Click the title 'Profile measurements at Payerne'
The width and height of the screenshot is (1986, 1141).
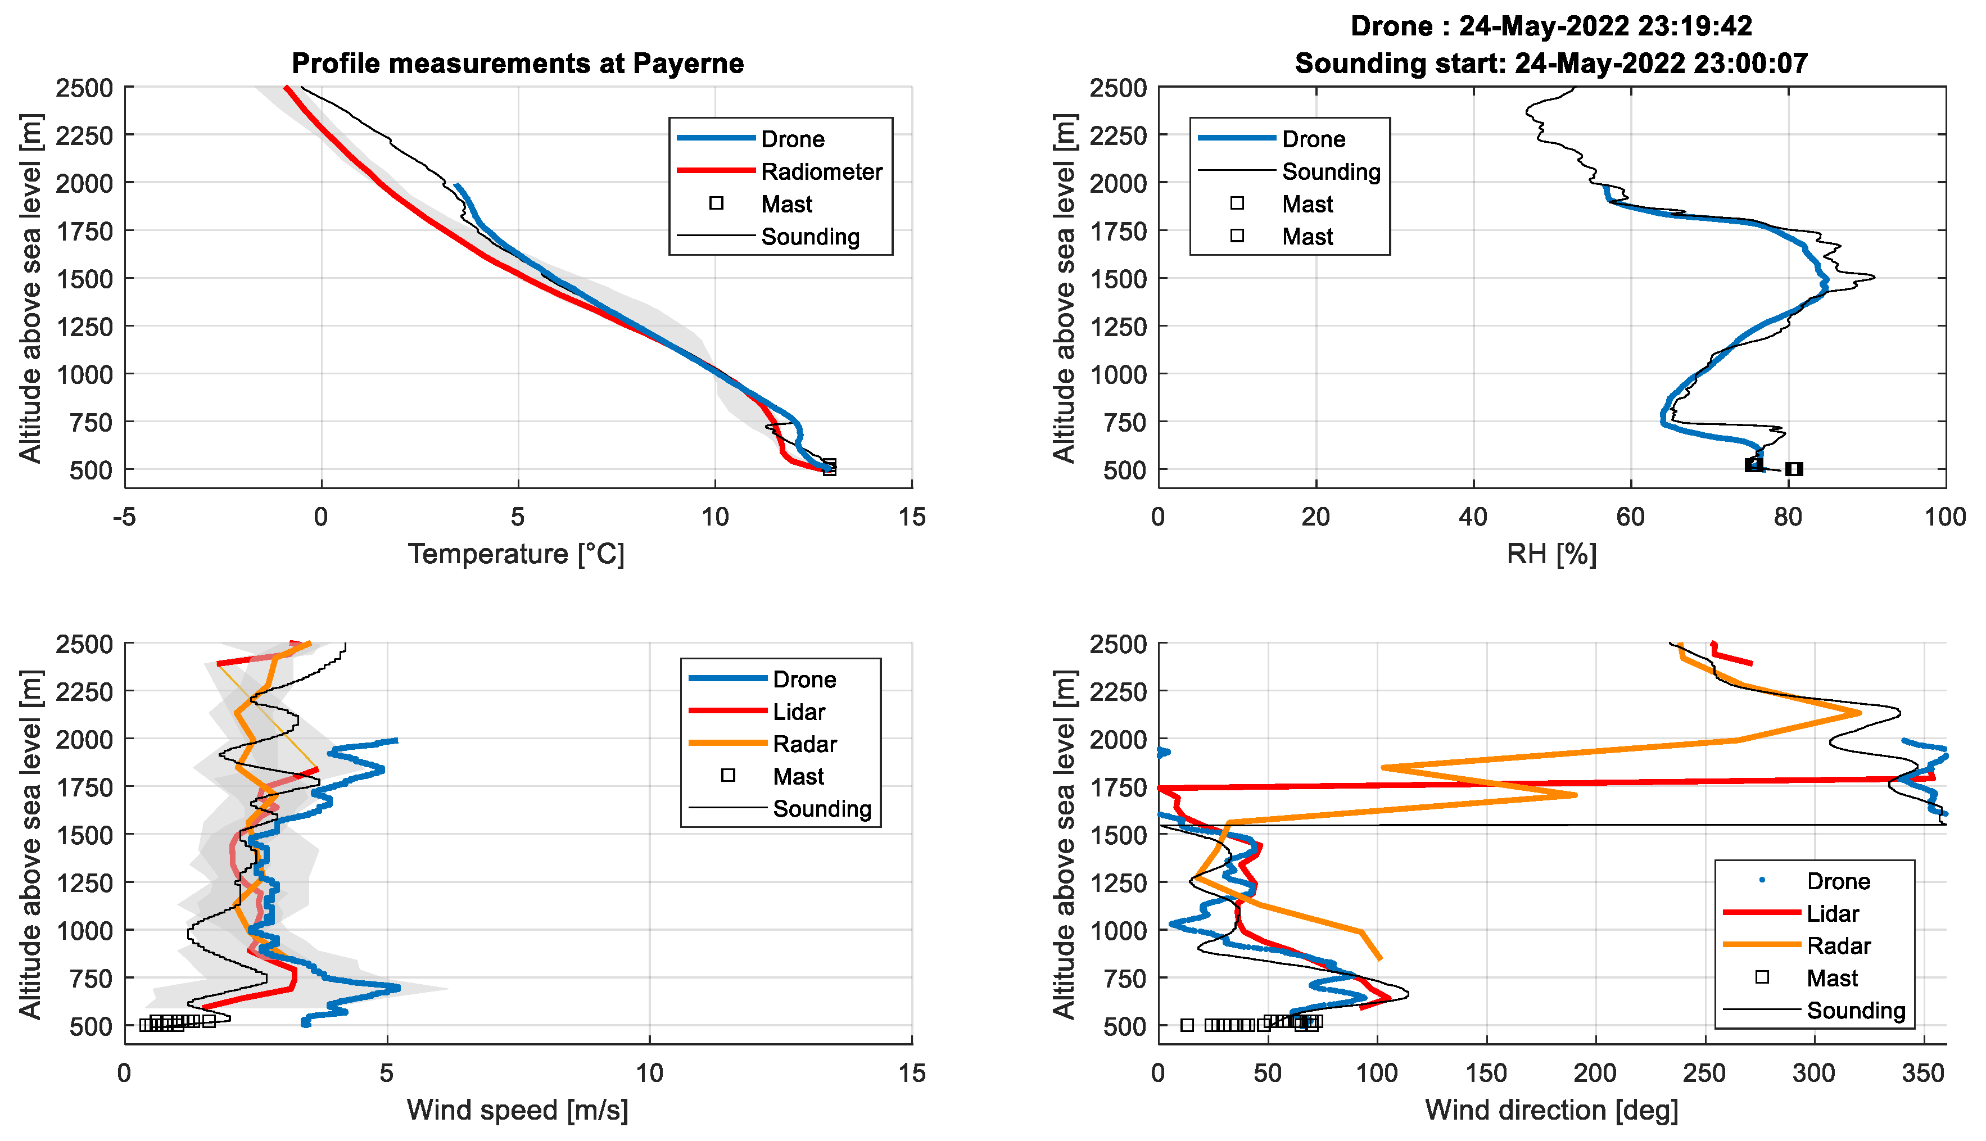tap(517, 64)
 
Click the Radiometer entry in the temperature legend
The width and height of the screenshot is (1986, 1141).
tap(821, 171)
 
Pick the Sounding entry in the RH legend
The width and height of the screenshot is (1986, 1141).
tap(1331, 171)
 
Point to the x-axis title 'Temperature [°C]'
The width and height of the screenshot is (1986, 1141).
tap(517, 554)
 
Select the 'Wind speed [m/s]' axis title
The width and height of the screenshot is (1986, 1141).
tap(517, 1110)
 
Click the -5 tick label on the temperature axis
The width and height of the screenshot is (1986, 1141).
tap(125, 517)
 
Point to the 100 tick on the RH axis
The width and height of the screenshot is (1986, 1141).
tap(1945, 517)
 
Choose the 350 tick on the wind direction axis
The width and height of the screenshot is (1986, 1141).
tap(1923, 1073)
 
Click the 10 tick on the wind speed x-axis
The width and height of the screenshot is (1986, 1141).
tap(650, 1073)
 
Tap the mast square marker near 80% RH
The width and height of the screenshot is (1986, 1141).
tap(1794, 469)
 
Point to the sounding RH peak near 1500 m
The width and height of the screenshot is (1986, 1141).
tap(1873, 277)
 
